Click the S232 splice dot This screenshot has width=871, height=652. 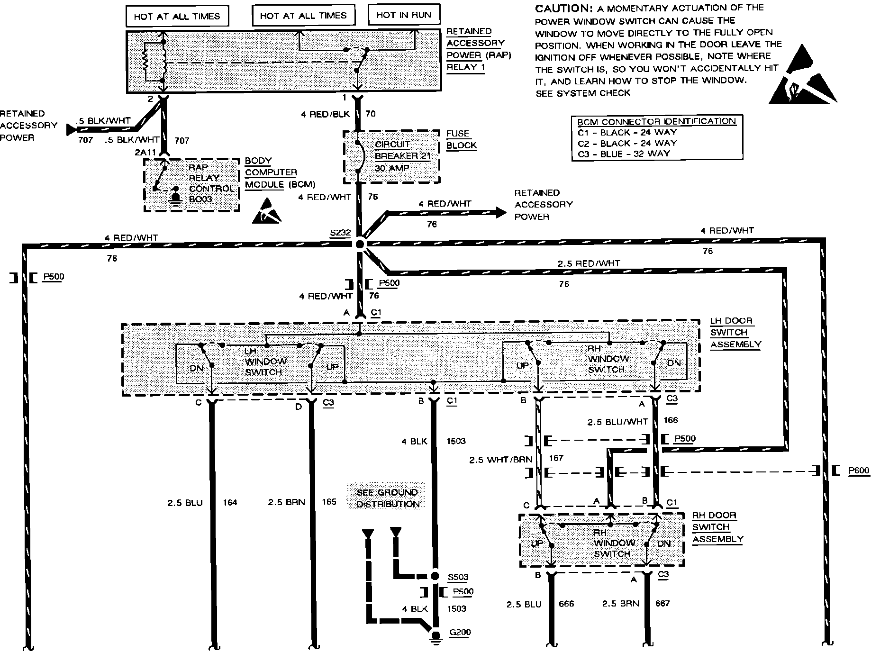360,244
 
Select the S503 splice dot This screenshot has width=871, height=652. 435,577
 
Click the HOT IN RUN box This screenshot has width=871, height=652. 404,15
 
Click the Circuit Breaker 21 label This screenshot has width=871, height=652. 396,150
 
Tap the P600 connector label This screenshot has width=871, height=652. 859,471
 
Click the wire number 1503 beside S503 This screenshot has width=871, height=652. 456,608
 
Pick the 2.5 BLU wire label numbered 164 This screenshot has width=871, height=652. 185,503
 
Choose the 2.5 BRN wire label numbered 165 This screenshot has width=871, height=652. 286,502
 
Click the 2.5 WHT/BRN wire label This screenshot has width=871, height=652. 500,460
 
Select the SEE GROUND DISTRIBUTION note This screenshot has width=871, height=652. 387,498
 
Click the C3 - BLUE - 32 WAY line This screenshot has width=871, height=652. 624,154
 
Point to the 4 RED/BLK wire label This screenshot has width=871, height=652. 325,114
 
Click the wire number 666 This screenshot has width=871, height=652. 566,604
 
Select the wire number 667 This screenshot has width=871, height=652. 662,604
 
